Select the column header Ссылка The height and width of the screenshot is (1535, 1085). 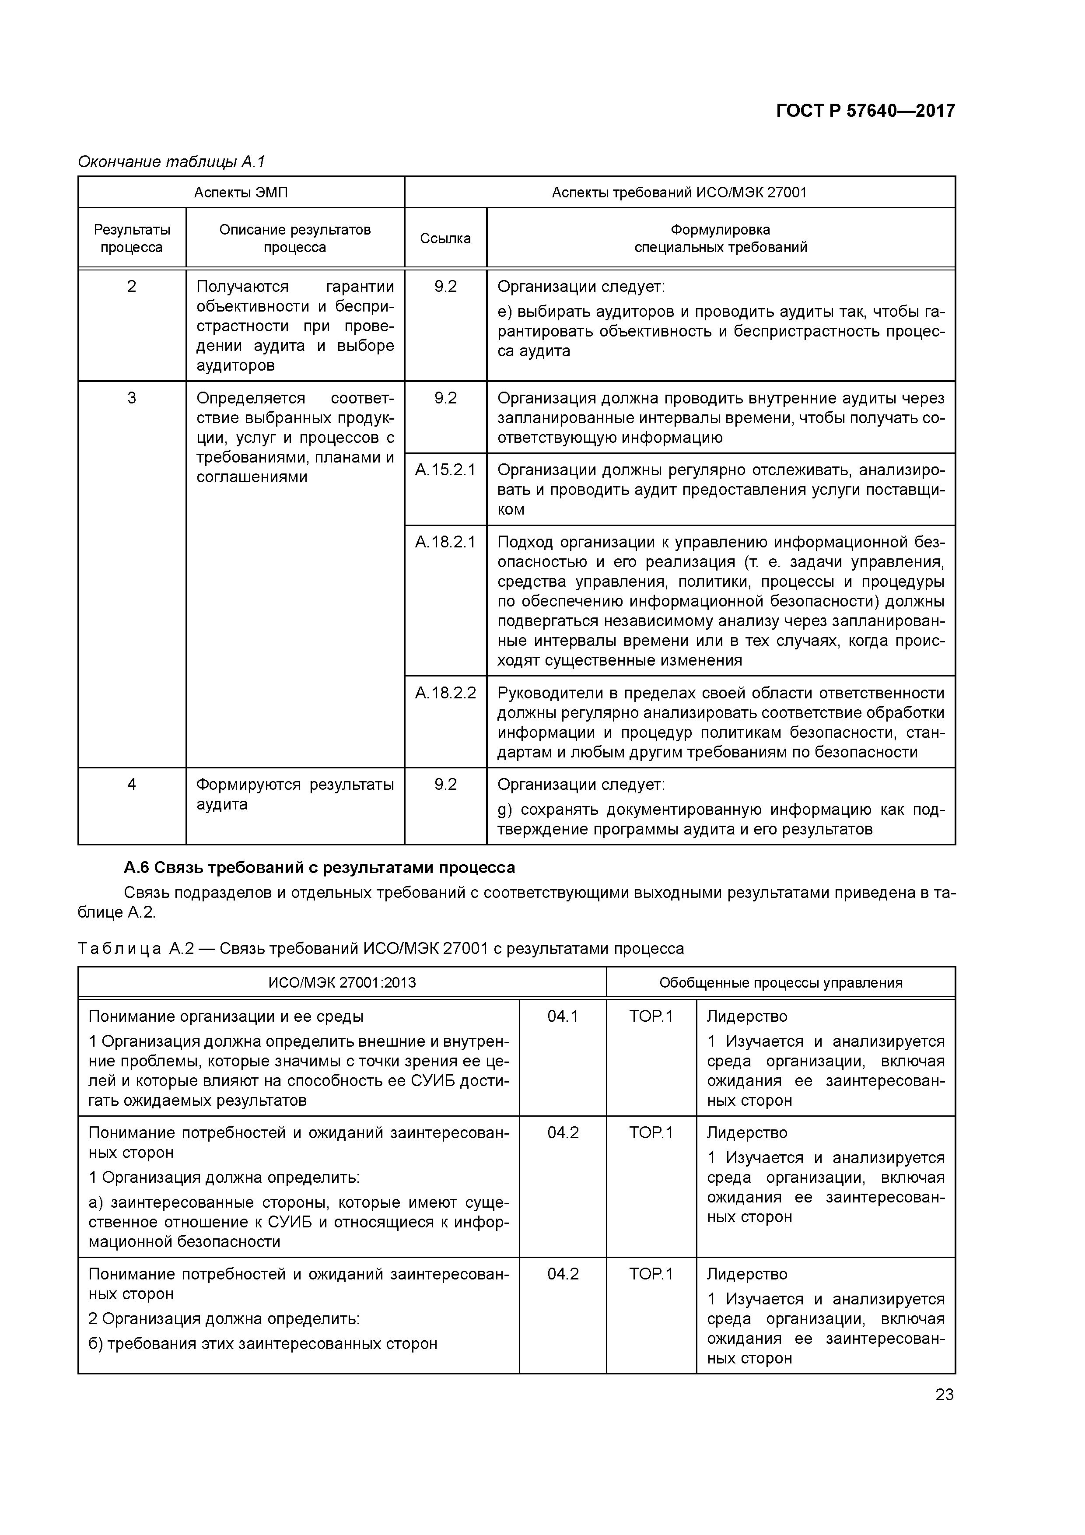pos(445,238)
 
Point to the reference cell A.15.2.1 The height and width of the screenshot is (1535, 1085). pos(445,470)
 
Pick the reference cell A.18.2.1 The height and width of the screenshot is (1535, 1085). pos(445,542)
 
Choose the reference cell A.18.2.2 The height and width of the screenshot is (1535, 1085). pos(445,693)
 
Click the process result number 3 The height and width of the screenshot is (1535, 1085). pos(132,399)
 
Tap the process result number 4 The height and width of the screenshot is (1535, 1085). pos(132,784)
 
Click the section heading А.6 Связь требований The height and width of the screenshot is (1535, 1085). pos(319,868)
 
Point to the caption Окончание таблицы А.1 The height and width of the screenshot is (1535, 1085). pos(172,162)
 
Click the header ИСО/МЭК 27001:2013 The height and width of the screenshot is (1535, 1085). pos(342,983)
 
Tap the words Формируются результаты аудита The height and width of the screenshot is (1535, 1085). pos(295,794)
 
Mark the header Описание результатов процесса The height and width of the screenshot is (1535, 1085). pos(295,238)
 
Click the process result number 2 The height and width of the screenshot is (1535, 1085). pos(132,287)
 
